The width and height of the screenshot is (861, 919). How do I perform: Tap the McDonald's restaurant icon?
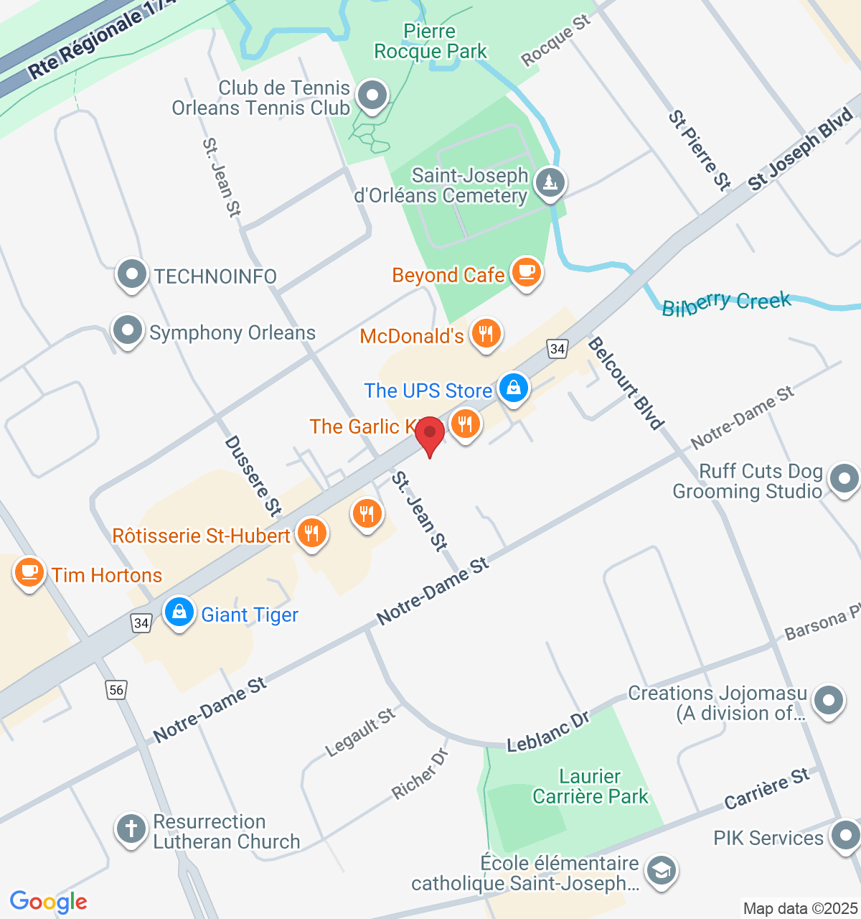click(x=486, y=334)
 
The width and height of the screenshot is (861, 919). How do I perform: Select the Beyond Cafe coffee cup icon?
click(x=527, y=273)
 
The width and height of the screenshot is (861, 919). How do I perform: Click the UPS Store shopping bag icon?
click(x=514, y=388)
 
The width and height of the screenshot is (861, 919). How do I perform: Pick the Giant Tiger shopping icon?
click(x=179, y=612)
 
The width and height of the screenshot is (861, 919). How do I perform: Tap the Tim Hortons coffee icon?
click(x=29, y=573)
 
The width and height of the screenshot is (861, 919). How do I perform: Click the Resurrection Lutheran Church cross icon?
click(x=131, y=829)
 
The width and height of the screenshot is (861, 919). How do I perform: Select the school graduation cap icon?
click(x=660, y=871)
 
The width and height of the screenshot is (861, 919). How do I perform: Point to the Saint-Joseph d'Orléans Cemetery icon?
click(x=550, y=182)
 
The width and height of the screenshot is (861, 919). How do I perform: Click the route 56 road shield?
click(x=116, y=690)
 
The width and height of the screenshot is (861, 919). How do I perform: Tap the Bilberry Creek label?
click(x=726, y=304)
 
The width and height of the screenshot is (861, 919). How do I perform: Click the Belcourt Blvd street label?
click(x=626, y=384)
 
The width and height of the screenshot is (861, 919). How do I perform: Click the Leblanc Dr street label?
click(x=548, y=732)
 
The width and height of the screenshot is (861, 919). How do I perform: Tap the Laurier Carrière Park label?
click(x=590, y=786)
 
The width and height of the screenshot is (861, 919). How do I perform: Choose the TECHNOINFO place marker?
click(x=132, y=274)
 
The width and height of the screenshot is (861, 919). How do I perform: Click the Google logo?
click(x=49, y=902)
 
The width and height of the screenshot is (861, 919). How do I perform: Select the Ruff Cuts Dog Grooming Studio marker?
click(x=843, y=479)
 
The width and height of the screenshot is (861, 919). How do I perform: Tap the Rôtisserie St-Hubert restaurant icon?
click(x=311, y=533)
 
